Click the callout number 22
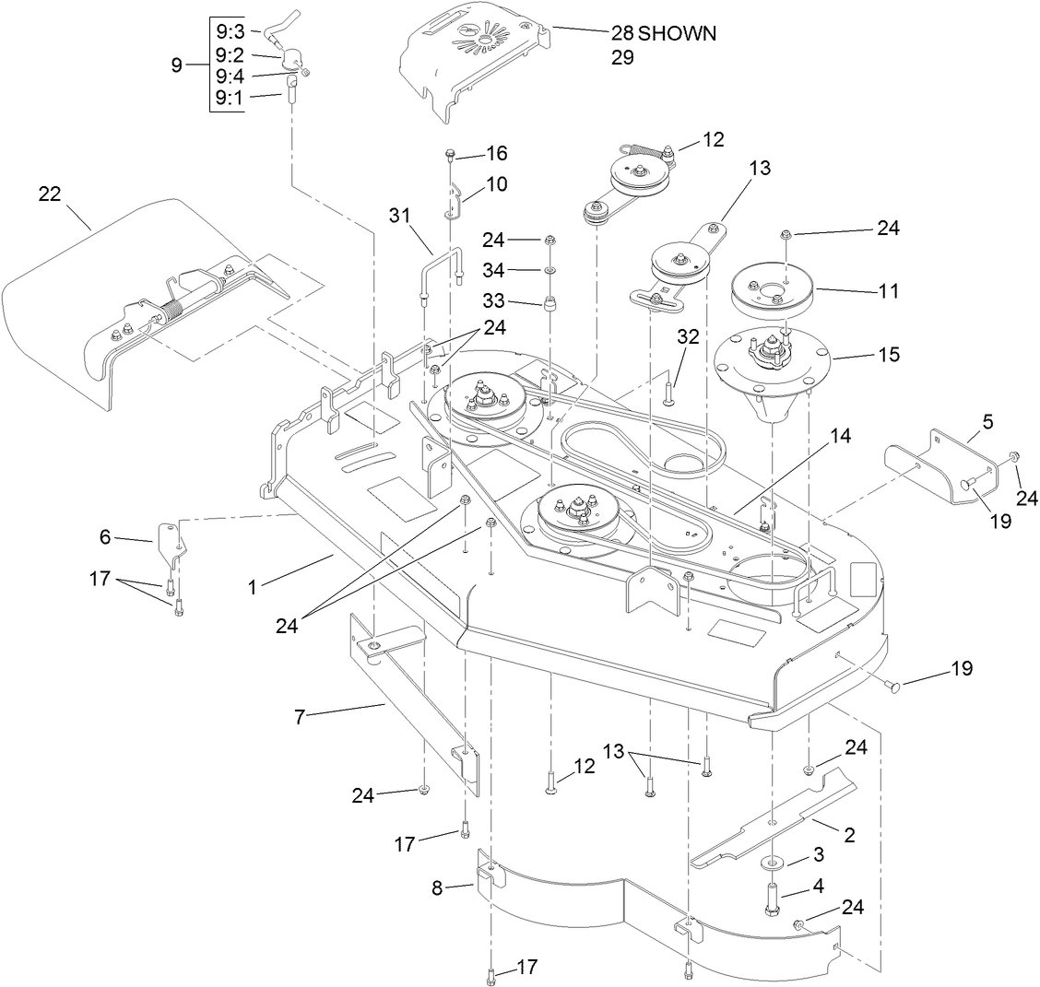(50, 194)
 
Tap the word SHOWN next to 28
(678, 33)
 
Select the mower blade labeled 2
(774, 820)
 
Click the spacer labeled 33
(550, 305)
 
